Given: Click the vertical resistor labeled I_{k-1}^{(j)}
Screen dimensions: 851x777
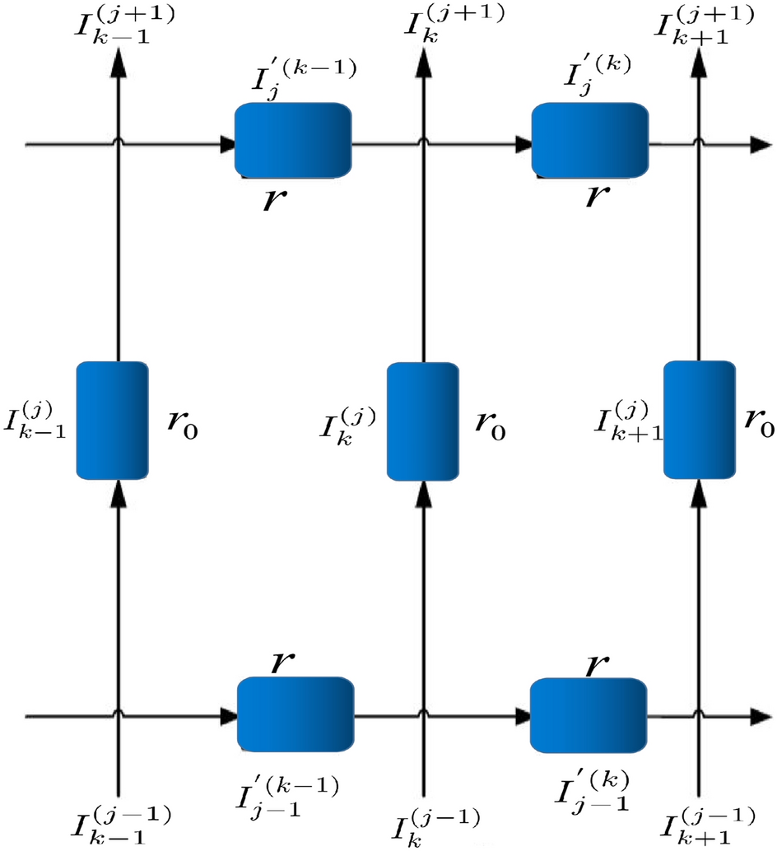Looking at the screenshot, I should [x=113, y=420].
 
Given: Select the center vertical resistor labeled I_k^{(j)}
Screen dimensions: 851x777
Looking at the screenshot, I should [x=422, y=420].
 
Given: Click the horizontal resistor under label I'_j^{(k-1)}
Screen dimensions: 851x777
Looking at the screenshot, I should [x=293, y=140].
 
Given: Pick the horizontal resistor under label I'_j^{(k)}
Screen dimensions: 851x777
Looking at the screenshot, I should [x=589, y=140].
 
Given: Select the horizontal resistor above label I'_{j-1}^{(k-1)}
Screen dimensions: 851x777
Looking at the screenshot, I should [x=295, y=714].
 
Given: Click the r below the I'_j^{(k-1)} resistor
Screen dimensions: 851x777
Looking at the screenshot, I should [x=272, y=198].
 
